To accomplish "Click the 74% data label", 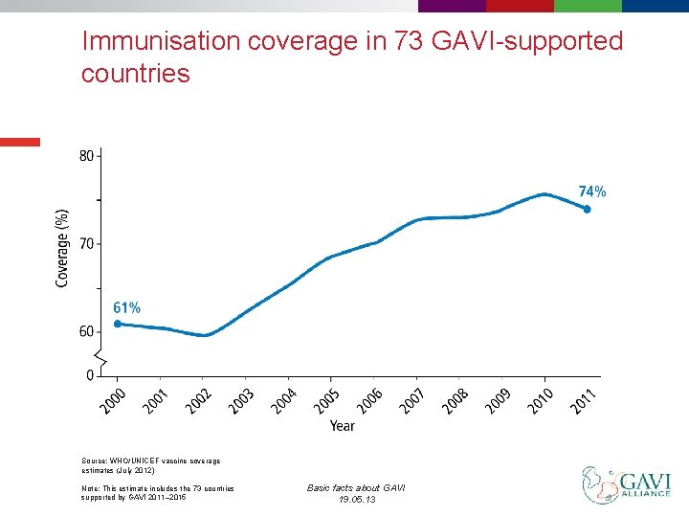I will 591,191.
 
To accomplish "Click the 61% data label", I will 126,307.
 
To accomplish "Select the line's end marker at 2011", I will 588,209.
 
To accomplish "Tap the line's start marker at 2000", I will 117,324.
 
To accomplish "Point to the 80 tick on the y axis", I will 86,155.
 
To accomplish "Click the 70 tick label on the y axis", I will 86,243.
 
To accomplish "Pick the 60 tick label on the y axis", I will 86,332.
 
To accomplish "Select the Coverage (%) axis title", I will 62,248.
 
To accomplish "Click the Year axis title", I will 342,426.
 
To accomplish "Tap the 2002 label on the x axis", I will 199,400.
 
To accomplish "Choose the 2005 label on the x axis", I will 326,400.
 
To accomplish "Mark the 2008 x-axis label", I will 456,400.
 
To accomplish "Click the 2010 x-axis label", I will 541,400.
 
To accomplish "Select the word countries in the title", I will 135,74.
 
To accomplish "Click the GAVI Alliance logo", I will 626,484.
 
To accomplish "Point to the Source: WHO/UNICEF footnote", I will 151,465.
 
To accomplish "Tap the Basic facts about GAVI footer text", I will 356,488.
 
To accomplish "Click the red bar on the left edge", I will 20,142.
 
